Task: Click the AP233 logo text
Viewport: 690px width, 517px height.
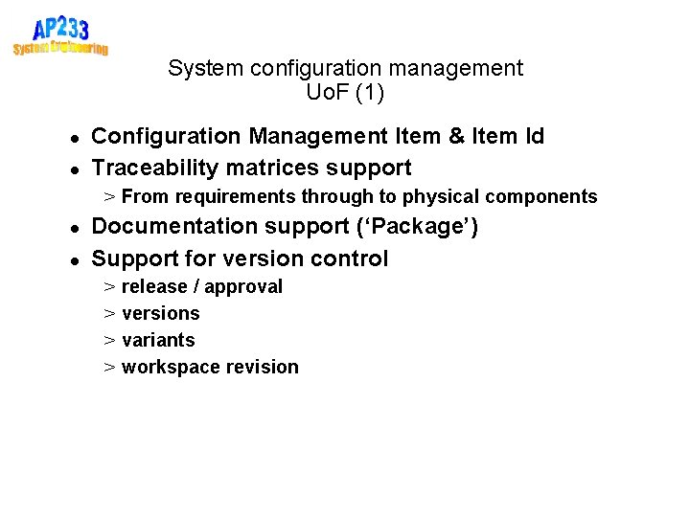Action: (x=59, y=28)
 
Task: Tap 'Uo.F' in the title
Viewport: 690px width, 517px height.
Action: (x=327, y=93)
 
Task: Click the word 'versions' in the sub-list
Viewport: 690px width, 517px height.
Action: (x=161, y=313)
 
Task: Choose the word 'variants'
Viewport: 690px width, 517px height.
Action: (x=158, y=340)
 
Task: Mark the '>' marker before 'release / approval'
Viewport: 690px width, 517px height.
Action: (x=110, y=286)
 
